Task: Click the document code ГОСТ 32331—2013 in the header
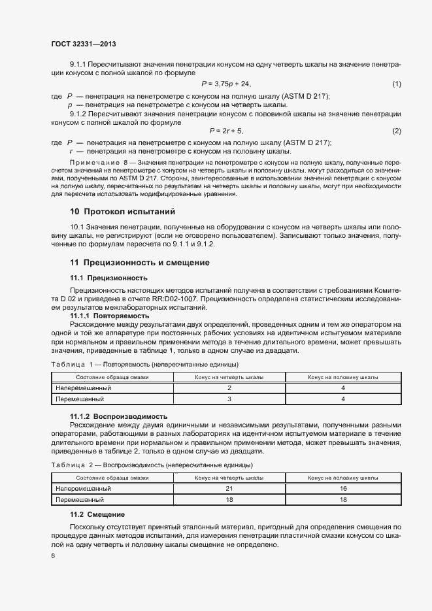pyautogui.click(x=83, y=44)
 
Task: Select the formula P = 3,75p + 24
pyautogui.click(x=226, y=84)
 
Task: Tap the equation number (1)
pyautogui.click(x=396, y=84)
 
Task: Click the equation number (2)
pyautogui.click(x=396, y=131)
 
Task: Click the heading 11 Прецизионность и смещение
pyautogui.click(x=140, y=262)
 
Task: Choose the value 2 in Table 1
pyautogui.click(x=229, y=388)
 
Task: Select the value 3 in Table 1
pyautogui.click(x=229, y=398)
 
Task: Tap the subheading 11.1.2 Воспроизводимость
pyautogui.click(x=119, y=416)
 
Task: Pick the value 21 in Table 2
pyautogui.click(x=229, y=488)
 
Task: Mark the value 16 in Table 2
pyautogui.click(x=342, y=488)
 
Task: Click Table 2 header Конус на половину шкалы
pyautogui.click(x=342, y=478)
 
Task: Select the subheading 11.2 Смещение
pyautogui.click(x=97, y=515)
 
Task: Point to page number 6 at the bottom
pyautogui.click(x=53, y=555)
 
